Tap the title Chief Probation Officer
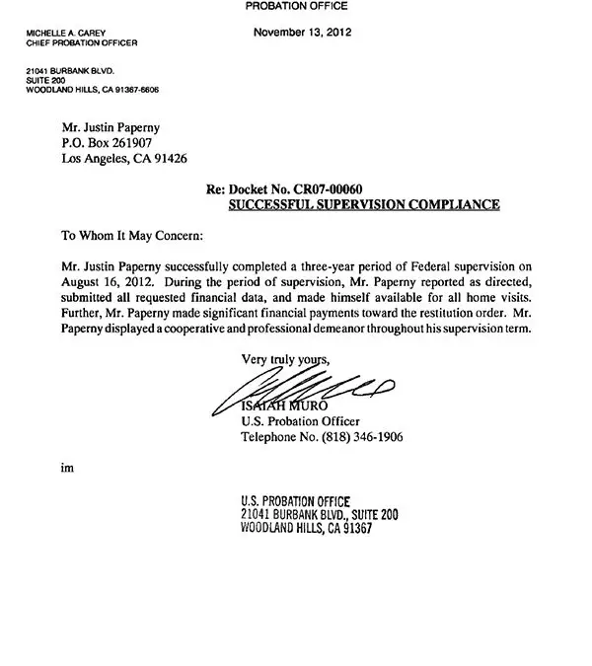[x=82, y=44]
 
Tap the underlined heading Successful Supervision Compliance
[x=364, y=204]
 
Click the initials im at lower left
[x=66, y=469]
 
